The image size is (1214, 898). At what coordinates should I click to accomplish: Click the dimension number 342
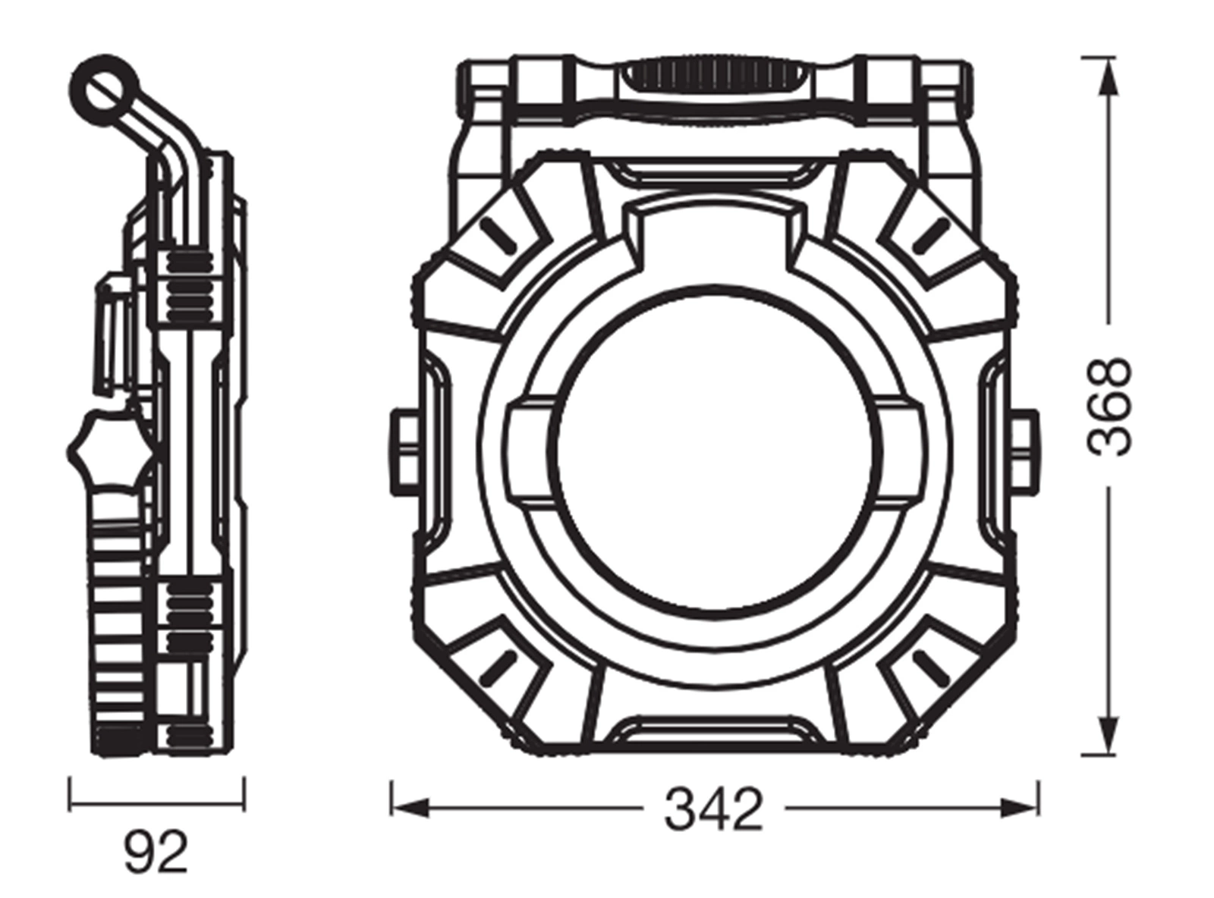click(x=713, y=809)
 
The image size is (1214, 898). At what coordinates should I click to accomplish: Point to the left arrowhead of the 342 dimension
click(x=410, y=808)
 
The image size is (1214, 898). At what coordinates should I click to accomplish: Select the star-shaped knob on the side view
click(x=111, y=449)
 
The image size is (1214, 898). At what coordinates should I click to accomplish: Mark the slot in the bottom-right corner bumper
click(x=930, y=669)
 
